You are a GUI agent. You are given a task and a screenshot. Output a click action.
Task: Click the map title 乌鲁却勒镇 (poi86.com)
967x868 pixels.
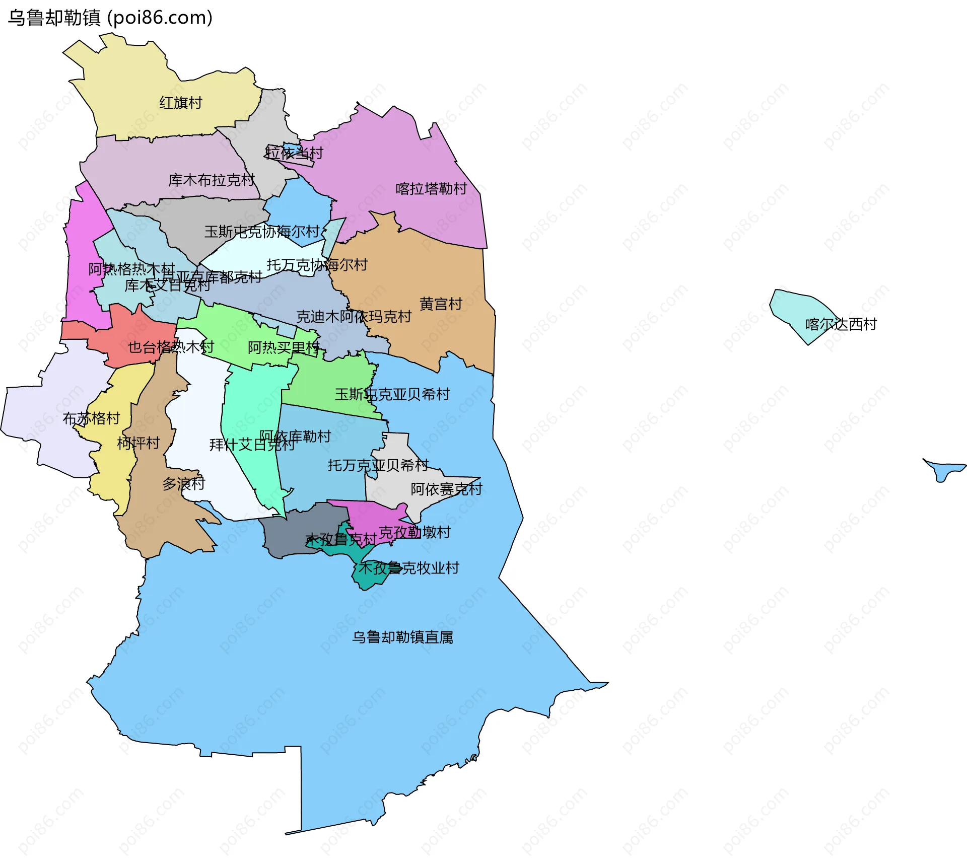point(110,18)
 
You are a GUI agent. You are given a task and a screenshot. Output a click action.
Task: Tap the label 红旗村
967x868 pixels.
point(181,103)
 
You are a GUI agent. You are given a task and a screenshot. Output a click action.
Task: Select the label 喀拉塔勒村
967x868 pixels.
point(431,189)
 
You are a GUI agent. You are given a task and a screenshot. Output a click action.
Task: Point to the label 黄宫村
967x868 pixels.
point(441,304)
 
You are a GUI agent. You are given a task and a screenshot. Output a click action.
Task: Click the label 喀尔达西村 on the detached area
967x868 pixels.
point(841,324)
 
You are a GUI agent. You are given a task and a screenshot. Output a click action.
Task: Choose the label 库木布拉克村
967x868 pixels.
point(212,180)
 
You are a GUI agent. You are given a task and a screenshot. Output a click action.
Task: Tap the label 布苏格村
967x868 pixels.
point(91,418)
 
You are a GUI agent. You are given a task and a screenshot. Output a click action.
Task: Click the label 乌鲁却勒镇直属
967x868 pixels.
point(402,637)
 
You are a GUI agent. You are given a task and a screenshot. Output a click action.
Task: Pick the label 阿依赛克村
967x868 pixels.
point(446,489)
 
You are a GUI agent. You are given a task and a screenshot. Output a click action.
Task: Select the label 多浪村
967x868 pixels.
point(183,484)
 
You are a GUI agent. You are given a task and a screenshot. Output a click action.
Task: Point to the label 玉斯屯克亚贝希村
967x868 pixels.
point(392,394)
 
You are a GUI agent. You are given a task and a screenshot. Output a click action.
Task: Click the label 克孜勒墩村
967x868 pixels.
point(415,532)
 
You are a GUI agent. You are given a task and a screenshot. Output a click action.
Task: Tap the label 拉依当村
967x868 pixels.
point(294,153)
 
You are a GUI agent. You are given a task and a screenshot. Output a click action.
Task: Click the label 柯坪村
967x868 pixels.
point(138,443)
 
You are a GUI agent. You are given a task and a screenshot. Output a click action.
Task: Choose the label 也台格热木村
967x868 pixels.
point(171,347)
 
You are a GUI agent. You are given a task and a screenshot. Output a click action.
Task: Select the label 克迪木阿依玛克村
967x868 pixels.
point(354,317)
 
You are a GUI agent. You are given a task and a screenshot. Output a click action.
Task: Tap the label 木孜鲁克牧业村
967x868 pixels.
point(408,568)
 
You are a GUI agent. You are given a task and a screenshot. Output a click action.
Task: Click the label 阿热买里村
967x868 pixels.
point(284,347)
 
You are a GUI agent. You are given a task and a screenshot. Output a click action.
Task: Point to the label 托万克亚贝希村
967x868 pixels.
point(378,465)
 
